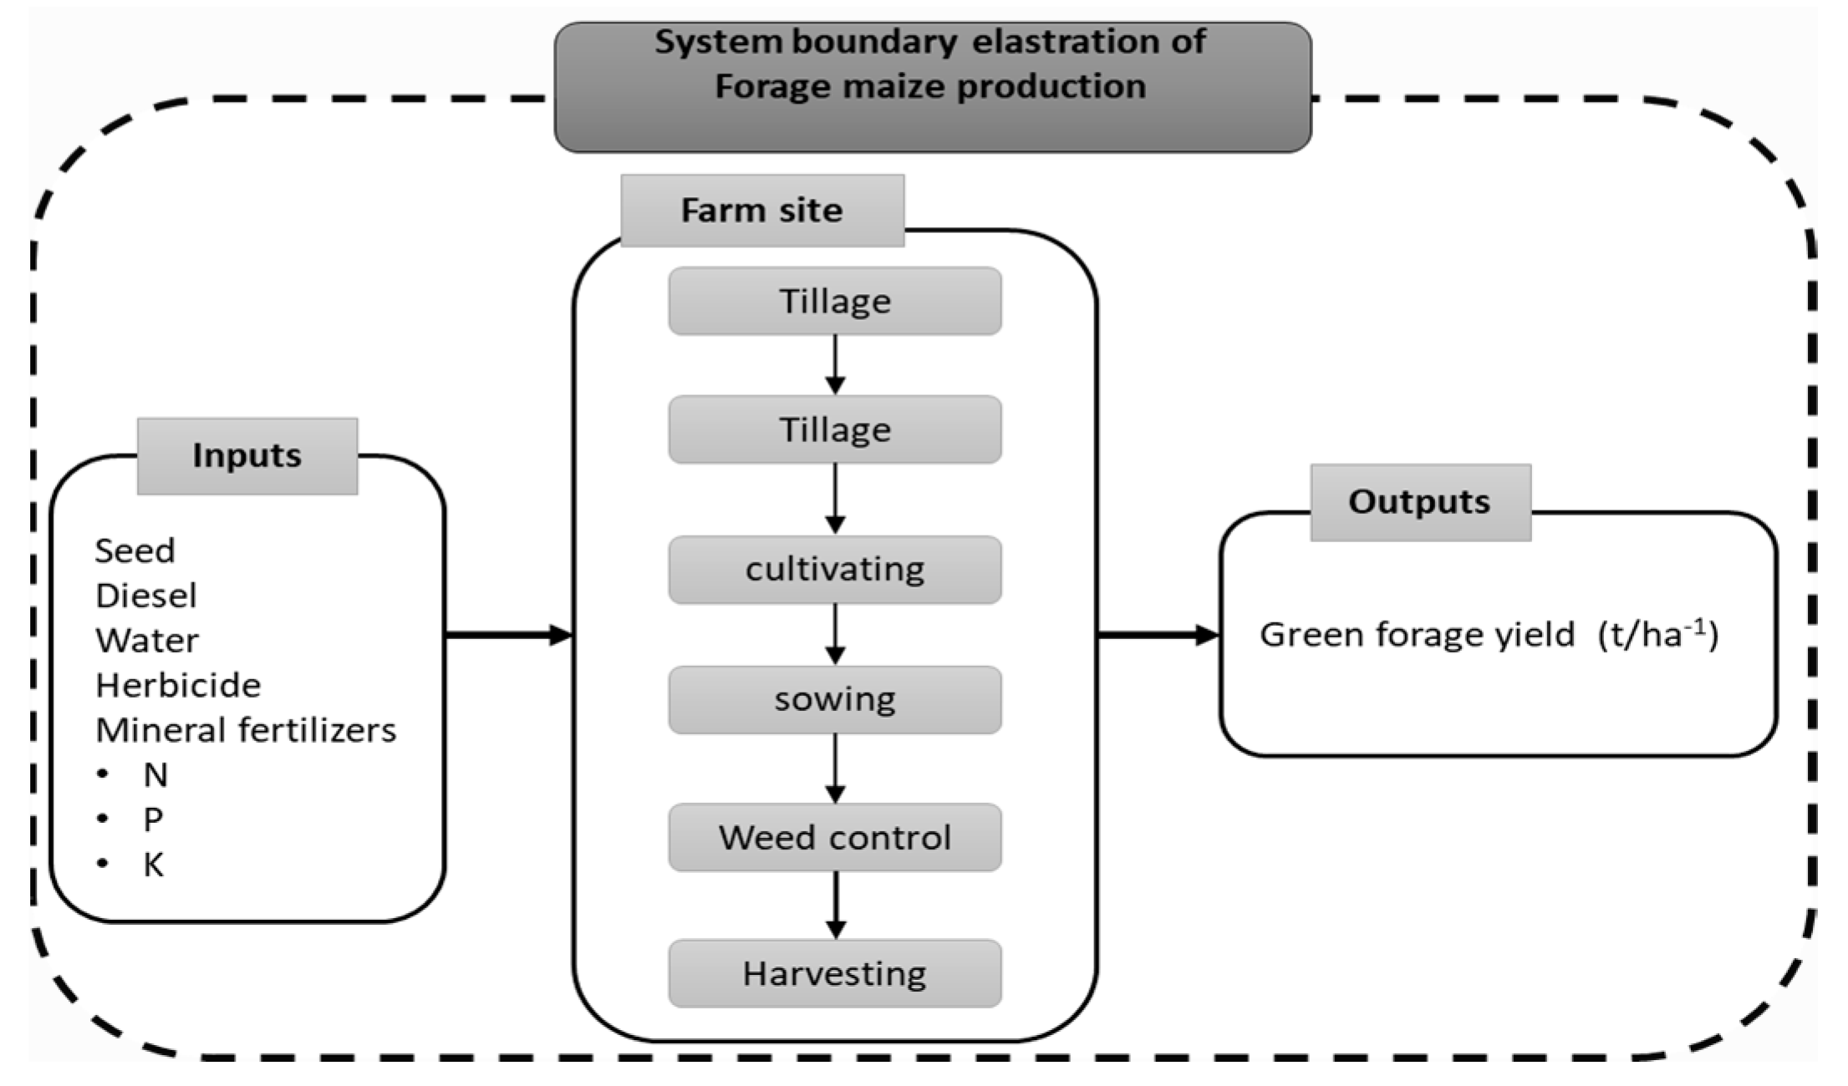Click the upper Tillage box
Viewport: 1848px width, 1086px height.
tap(834, 302)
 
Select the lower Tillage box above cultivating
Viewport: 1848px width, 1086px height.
tap(834, 430)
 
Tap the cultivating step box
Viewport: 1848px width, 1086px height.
tap(834, 570)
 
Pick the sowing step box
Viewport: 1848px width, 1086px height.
tap(834, 699)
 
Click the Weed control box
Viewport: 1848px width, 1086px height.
tap(834, 837)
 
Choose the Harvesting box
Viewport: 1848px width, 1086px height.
tap(834, 973)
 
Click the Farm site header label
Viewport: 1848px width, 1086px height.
tap(761, 211)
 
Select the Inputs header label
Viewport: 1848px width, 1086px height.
tap(247, 456)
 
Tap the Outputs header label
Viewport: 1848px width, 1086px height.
tap(1419, 502)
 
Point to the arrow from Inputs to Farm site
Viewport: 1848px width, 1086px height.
tap(507, 636)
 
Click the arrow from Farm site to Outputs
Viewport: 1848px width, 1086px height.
tap(1158, 636)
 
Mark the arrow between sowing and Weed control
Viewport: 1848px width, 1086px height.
tap(835, 769)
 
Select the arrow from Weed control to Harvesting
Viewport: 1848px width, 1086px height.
tap(835, 906)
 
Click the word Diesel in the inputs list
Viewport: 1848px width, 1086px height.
tap(146, 596)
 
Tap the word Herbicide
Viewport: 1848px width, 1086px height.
tap(178, 685)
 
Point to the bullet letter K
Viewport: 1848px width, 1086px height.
tap(153, 865)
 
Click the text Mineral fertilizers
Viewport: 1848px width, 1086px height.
tap(246, 730)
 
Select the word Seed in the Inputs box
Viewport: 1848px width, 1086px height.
tap(135, 551)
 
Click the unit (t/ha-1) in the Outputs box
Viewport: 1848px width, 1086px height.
tap(1657, 635)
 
